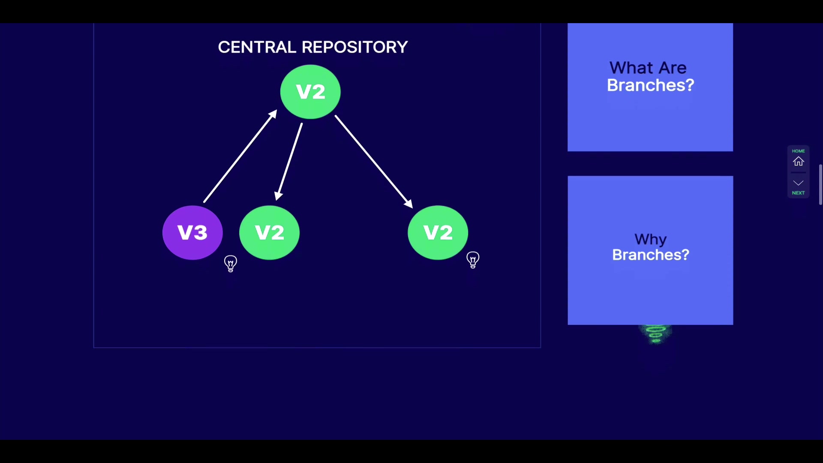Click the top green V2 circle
pyautogui.click(x=310, y=91)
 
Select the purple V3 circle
pyautogui.click(x=192, y=232)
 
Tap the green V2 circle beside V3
pyautogui.click(x=269, y=232)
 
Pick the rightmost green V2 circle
pyautogui.click(x=438, y=232)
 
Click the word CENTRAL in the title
pyautogui.click(x=257, y=47)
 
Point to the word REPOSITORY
pyautogui.click(x=355, y=47)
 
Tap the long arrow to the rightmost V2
pyautogui.click(x=373, y=162)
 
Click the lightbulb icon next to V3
pyautogui.click(x=231, y=263)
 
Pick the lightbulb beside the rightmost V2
pyautogui.click(x=473, y=260)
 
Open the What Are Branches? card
pyautogui.click(x=650, y=87)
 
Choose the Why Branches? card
pyautogui.click(x=650, y=250)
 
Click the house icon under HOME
pyautogui.click(x=798, y=162)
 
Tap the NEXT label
pyautogui.click(x=798, y=193)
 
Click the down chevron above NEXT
pyautogui.click(x=798, y=183)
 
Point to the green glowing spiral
pyautogui.click(x=655, y=334)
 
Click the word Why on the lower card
pyautogui.click(x=650, y=239)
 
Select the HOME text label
pyautogui.click(x=798, y=151)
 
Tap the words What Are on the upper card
pyautogui.click(x=648, y=68)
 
